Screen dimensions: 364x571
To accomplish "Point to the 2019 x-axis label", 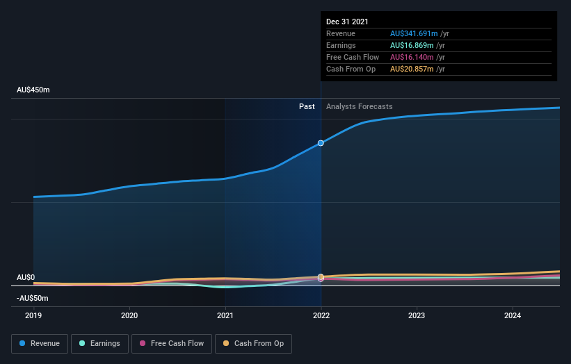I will pos(33,315).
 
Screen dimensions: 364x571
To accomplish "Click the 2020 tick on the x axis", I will pos(129,315).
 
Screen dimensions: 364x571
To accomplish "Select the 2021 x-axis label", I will pos(225,315).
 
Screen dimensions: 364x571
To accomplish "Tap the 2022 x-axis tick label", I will pos(321,315).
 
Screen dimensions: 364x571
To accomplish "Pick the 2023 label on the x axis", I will pos(417,315).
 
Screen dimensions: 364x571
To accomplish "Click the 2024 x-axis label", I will pos(513,315).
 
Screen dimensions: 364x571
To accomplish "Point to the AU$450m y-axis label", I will pos(33,90).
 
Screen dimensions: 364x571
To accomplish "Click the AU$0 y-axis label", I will pos(26,277).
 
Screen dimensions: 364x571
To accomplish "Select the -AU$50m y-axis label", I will pos(33,298).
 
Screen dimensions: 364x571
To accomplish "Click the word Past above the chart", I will pos(307,107).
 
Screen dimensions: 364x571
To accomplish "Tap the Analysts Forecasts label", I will pos(359,107).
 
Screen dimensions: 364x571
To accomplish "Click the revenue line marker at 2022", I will pos(321,143).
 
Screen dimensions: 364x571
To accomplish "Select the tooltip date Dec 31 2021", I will pos(347,22).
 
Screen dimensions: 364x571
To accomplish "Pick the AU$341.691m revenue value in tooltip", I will pos(415,33).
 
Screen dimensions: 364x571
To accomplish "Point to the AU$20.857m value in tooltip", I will pos(412,69).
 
